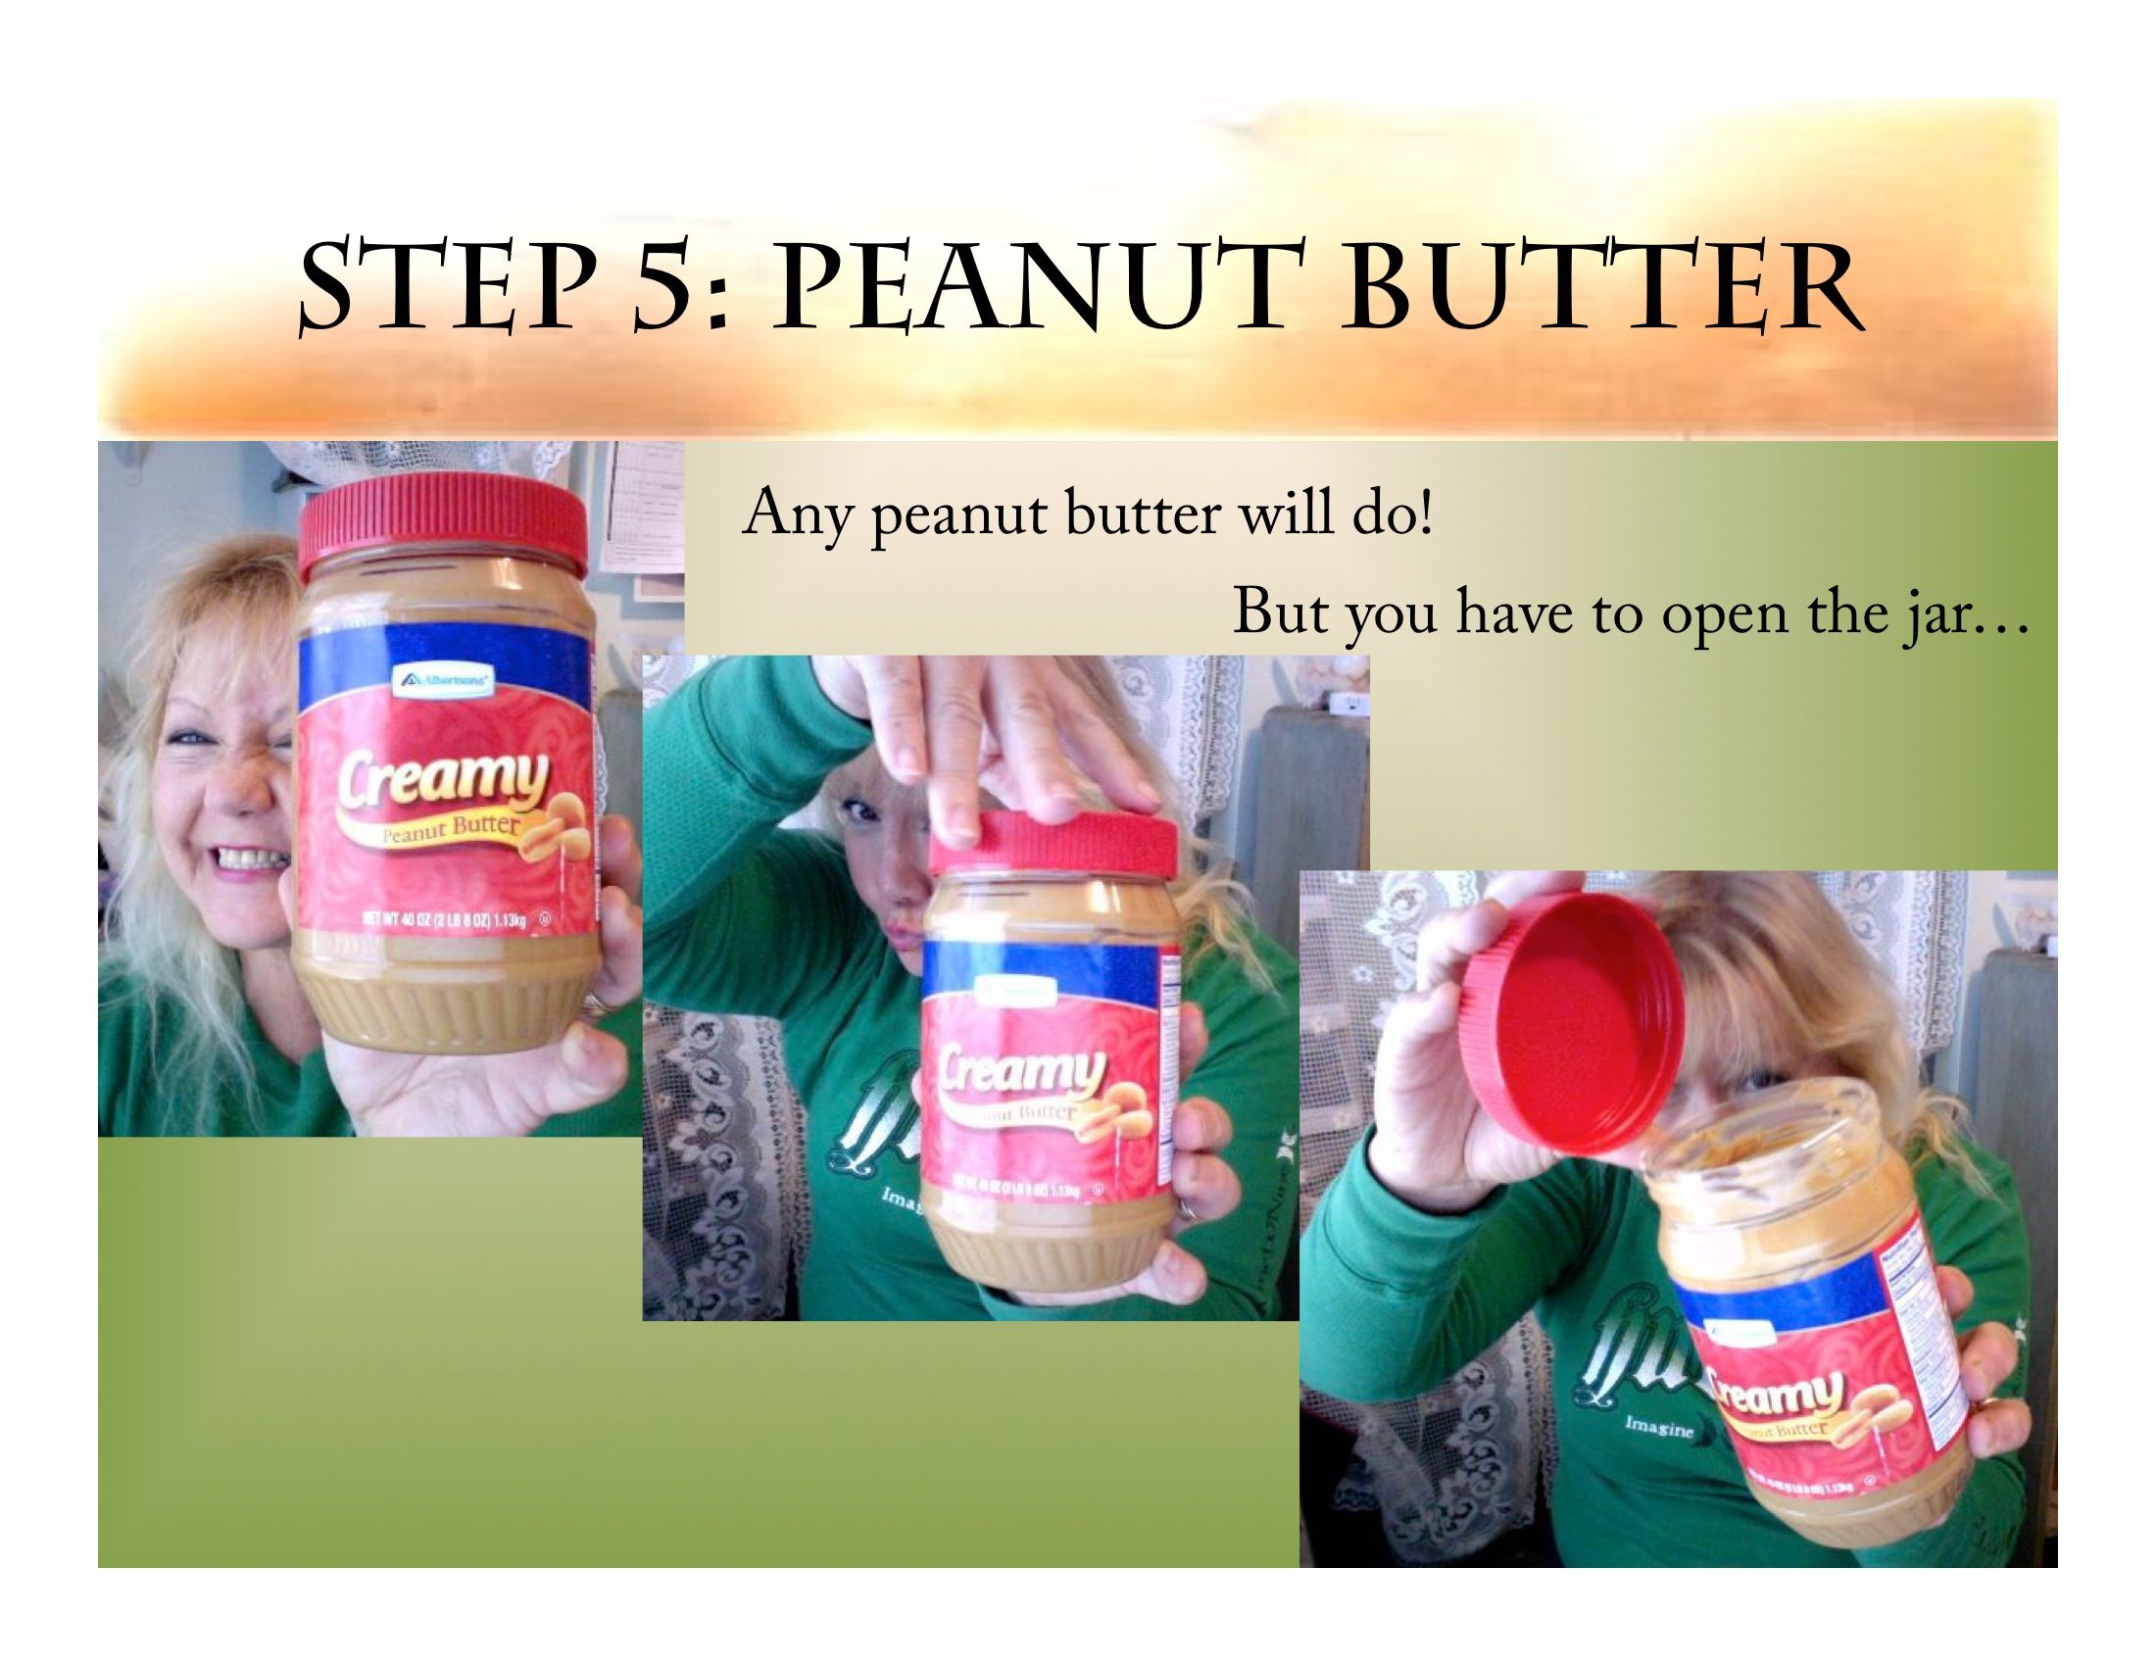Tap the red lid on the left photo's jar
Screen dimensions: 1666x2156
coord(443,523)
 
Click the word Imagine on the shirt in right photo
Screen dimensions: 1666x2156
coord(1658,1428)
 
